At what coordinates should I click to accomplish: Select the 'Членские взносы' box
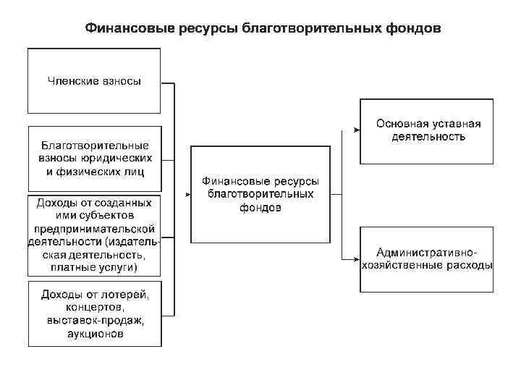point(94,80)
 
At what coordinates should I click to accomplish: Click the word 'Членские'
point(70,81)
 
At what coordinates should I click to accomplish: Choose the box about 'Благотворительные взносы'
point(94,158)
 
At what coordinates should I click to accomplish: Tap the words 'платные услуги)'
point(94,268)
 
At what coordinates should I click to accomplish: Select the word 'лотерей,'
point(125,295)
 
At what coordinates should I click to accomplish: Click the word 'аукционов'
point(94,335)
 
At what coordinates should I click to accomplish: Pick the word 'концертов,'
point(94,308)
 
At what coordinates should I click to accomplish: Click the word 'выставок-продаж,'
point(94,321)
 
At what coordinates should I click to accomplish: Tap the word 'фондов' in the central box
point(260,208)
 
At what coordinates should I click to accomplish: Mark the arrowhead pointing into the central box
point(187,195)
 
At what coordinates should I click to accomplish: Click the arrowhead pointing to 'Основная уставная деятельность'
point(357,130)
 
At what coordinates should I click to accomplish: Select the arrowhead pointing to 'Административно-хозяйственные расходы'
point(357,258)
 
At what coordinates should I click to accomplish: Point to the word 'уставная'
point(457,123)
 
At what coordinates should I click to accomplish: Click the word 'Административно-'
point(427,253)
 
